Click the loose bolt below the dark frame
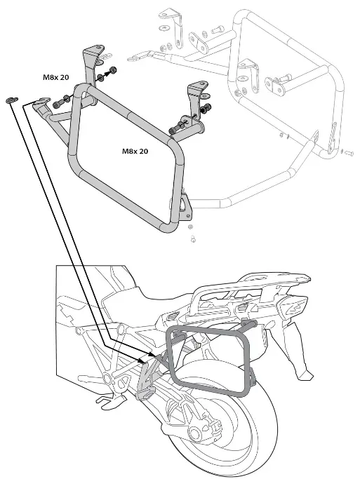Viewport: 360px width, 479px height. pyautogui.click(x=192, y=240)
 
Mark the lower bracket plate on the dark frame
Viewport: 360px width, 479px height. pyautogui.click(x=184, y=205)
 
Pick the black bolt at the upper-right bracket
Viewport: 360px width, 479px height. pyautogui.click(x=208, y=109)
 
